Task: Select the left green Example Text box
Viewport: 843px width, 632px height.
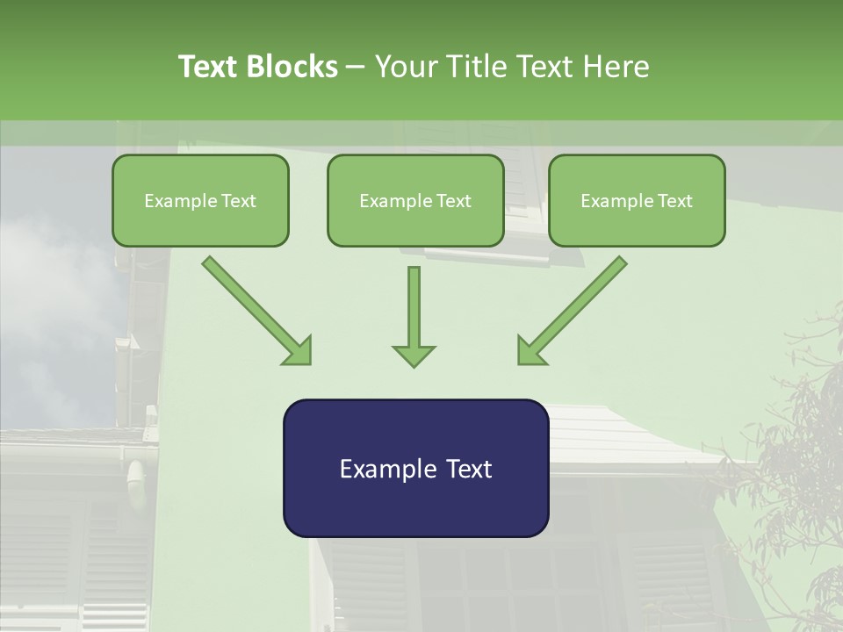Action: (200, 200)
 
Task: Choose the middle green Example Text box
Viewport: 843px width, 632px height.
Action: (415, 200)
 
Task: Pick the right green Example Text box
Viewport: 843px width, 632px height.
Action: (637, 200)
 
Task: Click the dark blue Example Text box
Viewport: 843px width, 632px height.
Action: (415, 468)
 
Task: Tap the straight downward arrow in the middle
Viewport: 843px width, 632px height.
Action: (414, 307)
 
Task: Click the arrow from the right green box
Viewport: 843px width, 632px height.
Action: (573, 310)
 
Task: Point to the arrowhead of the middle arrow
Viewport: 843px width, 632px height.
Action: (414, 355)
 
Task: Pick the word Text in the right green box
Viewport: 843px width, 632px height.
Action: (674, 201)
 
